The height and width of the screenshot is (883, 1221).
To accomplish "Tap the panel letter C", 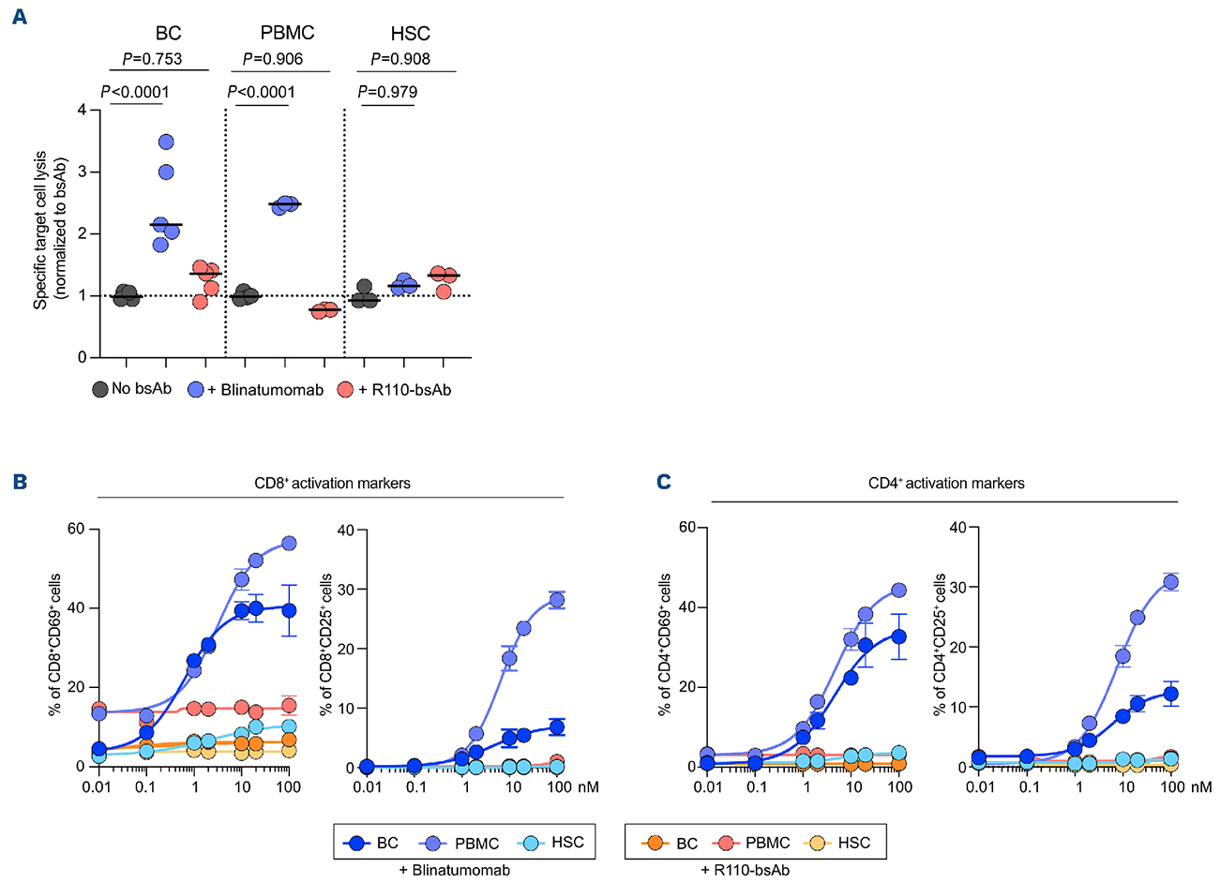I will coord(664,482).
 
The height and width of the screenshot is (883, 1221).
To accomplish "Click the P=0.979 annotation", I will coord(387,92).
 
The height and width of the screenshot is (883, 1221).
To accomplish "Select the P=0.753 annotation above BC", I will coord(152,59).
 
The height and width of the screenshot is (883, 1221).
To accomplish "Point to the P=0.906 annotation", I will coord(272,59).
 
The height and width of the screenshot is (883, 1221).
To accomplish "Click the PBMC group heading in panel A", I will coord(287,34).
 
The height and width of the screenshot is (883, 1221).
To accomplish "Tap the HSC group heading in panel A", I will coord(410,34).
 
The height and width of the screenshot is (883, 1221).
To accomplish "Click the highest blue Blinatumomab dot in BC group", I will coord(166,142).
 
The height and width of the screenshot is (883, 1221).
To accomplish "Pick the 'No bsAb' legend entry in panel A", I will coord(131,388).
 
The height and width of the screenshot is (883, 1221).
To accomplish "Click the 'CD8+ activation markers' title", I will coord(332,484).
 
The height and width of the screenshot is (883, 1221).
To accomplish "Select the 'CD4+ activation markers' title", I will coord(946,484).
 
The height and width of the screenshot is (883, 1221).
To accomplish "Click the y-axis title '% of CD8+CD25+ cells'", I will coord(327,648).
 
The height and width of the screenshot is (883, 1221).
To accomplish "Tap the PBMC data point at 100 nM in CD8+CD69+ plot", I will coord(289,544).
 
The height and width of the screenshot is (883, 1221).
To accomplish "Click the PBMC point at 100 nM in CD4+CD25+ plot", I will coord(1170,582).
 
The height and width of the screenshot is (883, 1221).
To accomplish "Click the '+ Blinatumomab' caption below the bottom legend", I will coord(455,871).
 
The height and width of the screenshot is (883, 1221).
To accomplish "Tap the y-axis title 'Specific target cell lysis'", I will coord(41,233).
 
